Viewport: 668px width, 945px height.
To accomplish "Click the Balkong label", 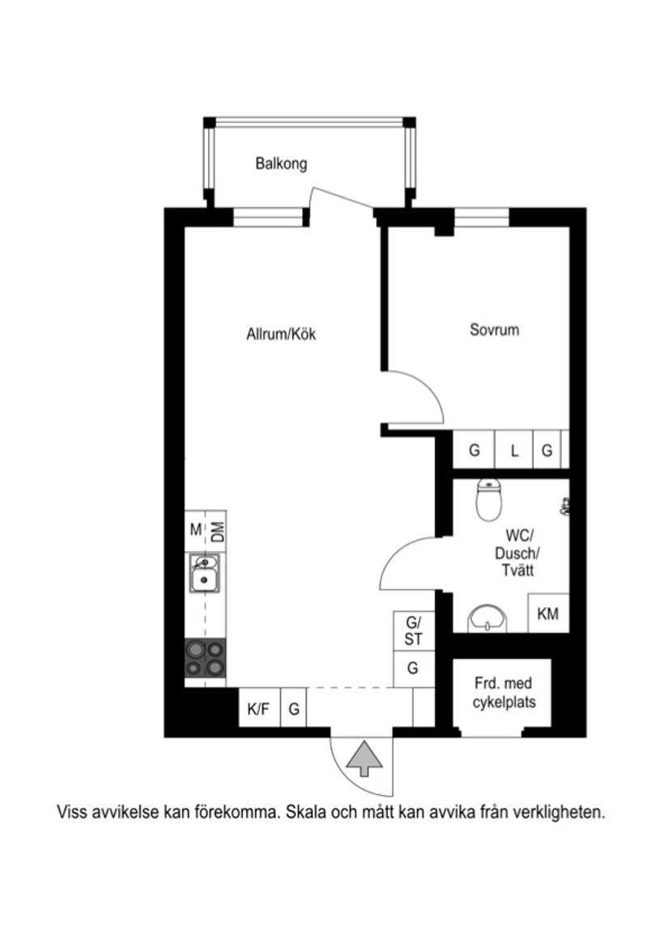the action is pyautogui.click(x=281, y=164).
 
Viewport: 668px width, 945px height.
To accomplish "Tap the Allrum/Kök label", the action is pyautogui.click(x=281, y=334).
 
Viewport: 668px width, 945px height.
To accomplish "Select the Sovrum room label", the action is pyautogui.click(x=494, y=330).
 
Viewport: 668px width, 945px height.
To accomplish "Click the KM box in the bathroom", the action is pyautogui.click(x=548, y=614).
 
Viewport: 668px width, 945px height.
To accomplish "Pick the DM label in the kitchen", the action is pyautogui.click(x=217, y=532).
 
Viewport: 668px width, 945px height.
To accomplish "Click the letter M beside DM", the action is pyautogui.click(x=195, y=530).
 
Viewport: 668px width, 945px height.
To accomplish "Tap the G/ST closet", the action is pyautogui.click(x=414, y=631).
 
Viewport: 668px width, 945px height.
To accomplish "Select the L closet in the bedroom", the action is pyautogui.click(x=513, y=451).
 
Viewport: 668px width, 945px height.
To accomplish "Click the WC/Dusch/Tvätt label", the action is pyautogui.click(x=517, y=553).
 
